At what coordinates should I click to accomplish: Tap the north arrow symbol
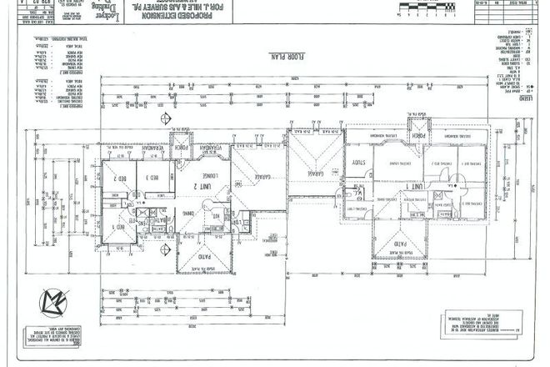(53, 297)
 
